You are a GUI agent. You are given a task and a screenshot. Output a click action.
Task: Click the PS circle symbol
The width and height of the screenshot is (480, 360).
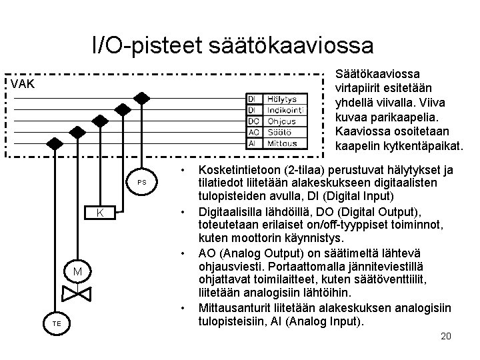(141, 182)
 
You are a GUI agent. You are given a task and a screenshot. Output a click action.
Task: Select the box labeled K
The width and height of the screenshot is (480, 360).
(99, 213)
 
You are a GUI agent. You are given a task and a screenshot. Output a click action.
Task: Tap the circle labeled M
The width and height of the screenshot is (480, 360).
(77, 271)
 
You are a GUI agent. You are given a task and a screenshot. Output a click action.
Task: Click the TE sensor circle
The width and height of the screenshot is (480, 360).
(57, 323)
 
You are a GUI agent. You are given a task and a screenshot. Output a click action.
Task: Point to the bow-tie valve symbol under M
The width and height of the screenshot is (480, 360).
(77, 293)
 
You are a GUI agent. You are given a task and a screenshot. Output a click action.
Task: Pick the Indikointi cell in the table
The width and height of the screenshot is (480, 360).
(285, 111)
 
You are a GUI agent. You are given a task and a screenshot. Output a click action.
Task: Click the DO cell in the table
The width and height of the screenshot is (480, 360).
(253, 121)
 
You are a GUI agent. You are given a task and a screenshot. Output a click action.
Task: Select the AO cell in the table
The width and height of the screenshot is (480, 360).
(253, 132)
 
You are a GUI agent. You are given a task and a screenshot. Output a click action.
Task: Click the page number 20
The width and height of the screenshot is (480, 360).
(445, 336)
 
